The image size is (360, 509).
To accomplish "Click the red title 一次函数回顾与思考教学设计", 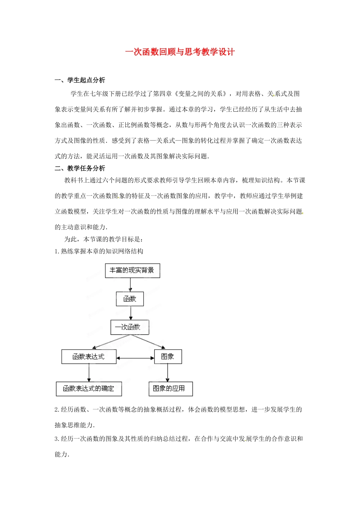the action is coord(180,52).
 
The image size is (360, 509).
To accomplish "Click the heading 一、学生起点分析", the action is coord(80,80).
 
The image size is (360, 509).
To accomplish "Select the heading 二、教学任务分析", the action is coord(80,168).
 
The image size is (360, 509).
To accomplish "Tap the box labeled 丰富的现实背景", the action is coord(132,270).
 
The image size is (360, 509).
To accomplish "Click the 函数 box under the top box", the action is coord(130,299).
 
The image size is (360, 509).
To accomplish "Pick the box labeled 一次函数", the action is coord(130,327).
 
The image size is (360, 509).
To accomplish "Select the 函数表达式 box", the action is coord(89,357).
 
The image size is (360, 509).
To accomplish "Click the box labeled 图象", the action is coord(168,357).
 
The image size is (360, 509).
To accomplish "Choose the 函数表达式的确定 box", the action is coord(89,389).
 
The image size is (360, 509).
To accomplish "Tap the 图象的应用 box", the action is coord(170,389).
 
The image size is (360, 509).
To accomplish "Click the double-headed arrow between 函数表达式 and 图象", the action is coord(135,358).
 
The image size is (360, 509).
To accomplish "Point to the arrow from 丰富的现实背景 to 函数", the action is coord(130,285).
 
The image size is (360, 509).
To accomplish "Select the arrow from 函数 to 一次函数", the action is coord(131,313).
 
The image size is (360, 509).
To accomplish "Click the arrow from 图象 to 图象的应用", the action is coord(167,373).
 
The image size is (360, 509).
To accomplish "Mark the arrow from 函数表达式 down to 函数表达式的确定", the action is coord(89,373).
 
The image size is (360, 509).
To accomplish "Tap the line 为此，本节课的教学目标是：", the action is coord(103,239).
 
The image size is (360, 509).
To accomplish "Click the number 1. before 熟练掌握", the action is coord(57,251).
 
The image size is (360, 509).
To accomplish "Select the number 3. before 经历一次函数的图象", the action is coord(57,439).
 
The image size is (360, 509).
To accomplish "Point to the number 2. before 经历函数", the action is coord(57,410).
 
